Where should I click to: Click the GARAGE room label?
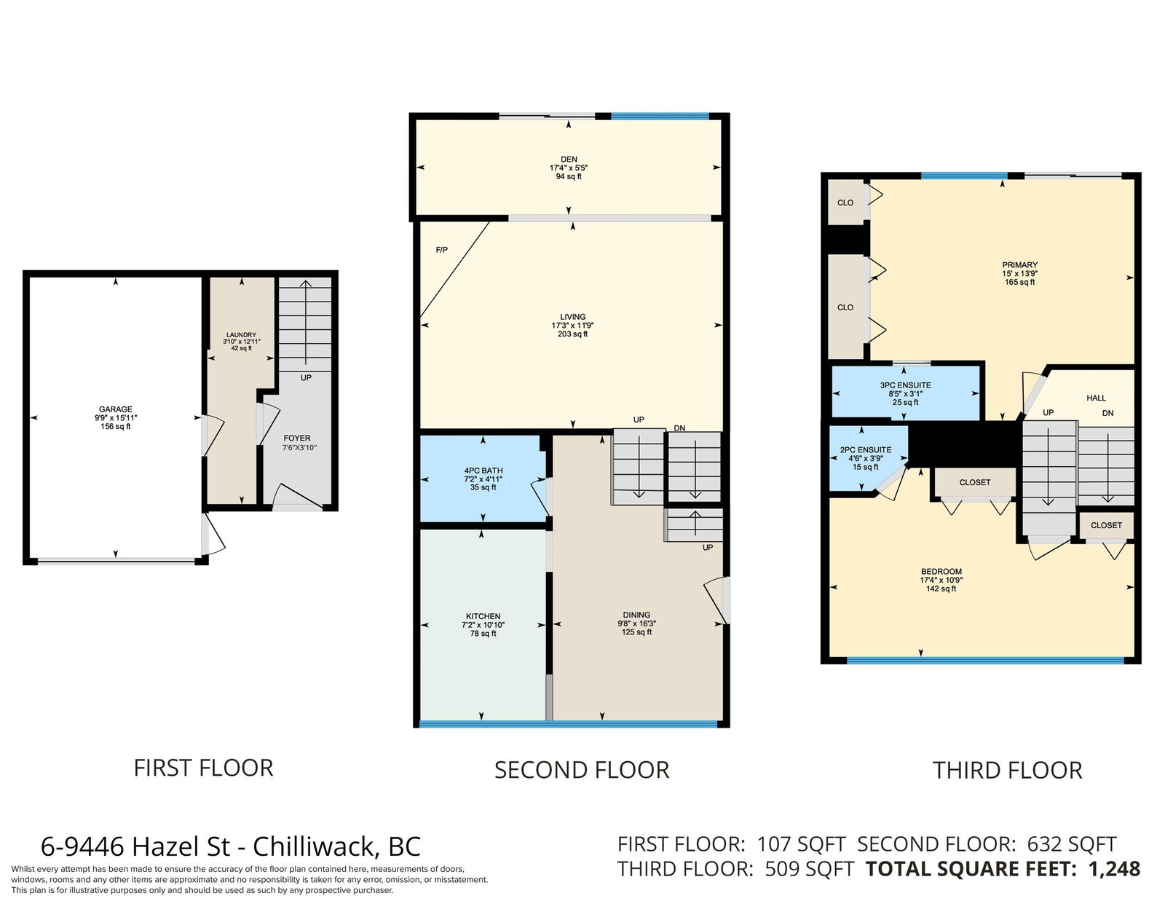[x=115, y=409]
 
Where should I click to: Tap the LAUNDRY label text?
[x=241, y=334]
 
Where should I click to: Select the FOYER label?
[x=297, y=438]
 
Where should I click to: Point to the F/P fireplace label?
[x=442, y=250]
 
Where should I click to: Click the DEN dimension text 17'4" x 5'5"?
[x=569, y=168]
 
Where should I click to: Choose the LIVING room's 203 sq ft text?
[x=572, y=334]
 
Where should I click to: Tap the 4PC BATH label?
[x=483, y=471]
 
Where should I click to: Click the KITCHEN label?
[x=483, y=616]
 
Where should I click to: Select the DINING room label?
[x=636, y=615]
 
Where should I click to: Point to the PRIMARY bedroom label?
[x=1019, y=264]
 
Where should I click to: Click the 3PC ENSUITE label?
[x=906, y=385]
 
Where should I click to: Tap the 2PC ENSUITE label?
[x=866, y=450]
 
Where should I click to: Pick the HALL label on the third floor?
[x=1097, y=398]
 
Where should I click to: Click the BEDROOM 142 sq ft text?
[x=941, y=589]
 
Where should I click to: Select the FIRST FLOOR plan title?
[x=204, y=768]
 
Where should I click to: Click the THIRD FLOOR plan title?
[x=1008, y=771]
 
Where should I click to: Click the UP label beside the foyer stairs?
[x=306, y=377]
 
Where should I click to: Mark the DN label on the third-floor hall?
[x=1107, y=413]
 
